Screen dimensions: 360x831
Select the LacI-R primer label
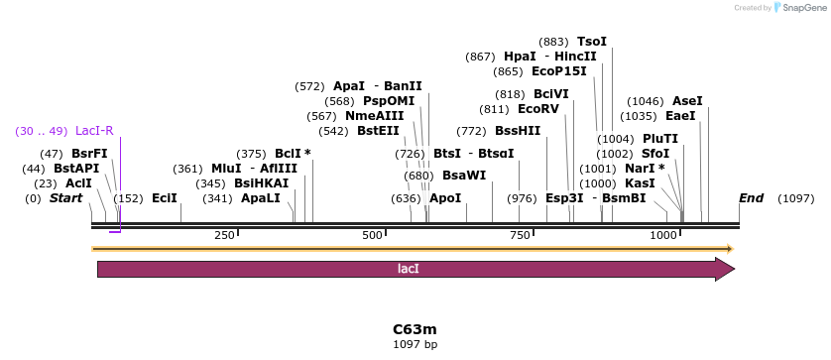[94, 131]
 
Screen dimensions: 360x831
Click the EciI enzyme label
[165, 198]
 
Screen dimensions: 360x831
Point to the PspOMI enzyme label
[389, 101]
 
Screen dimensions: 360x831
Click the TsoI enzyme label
[591, 42]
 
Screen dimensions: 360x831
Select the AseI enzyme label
[687, 101]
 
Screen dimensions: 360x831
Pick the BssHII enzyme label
[518, 131]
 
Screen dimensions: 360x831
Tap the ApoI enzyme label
[445, 198]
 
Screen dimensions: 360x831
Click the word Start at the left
[65, 198]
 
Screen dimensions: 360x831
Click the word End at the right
[751, 198]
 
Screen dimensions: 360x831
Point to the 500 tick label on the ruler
[372, 235]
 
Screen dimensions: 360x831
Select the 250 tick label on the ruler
[224, 235]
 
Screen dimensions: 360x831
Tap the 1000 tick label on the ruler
[663, 235]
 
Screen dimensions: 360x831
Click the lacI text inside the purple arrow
[408, 269]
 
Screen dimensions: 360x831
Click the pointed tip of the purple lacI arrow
[732, 269]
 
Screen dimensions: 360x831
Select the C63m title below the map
[415, 329]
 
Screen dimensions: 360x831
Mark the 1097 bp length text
[415, 345]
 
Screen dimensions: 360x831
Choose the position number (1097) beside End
[795, 198]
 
